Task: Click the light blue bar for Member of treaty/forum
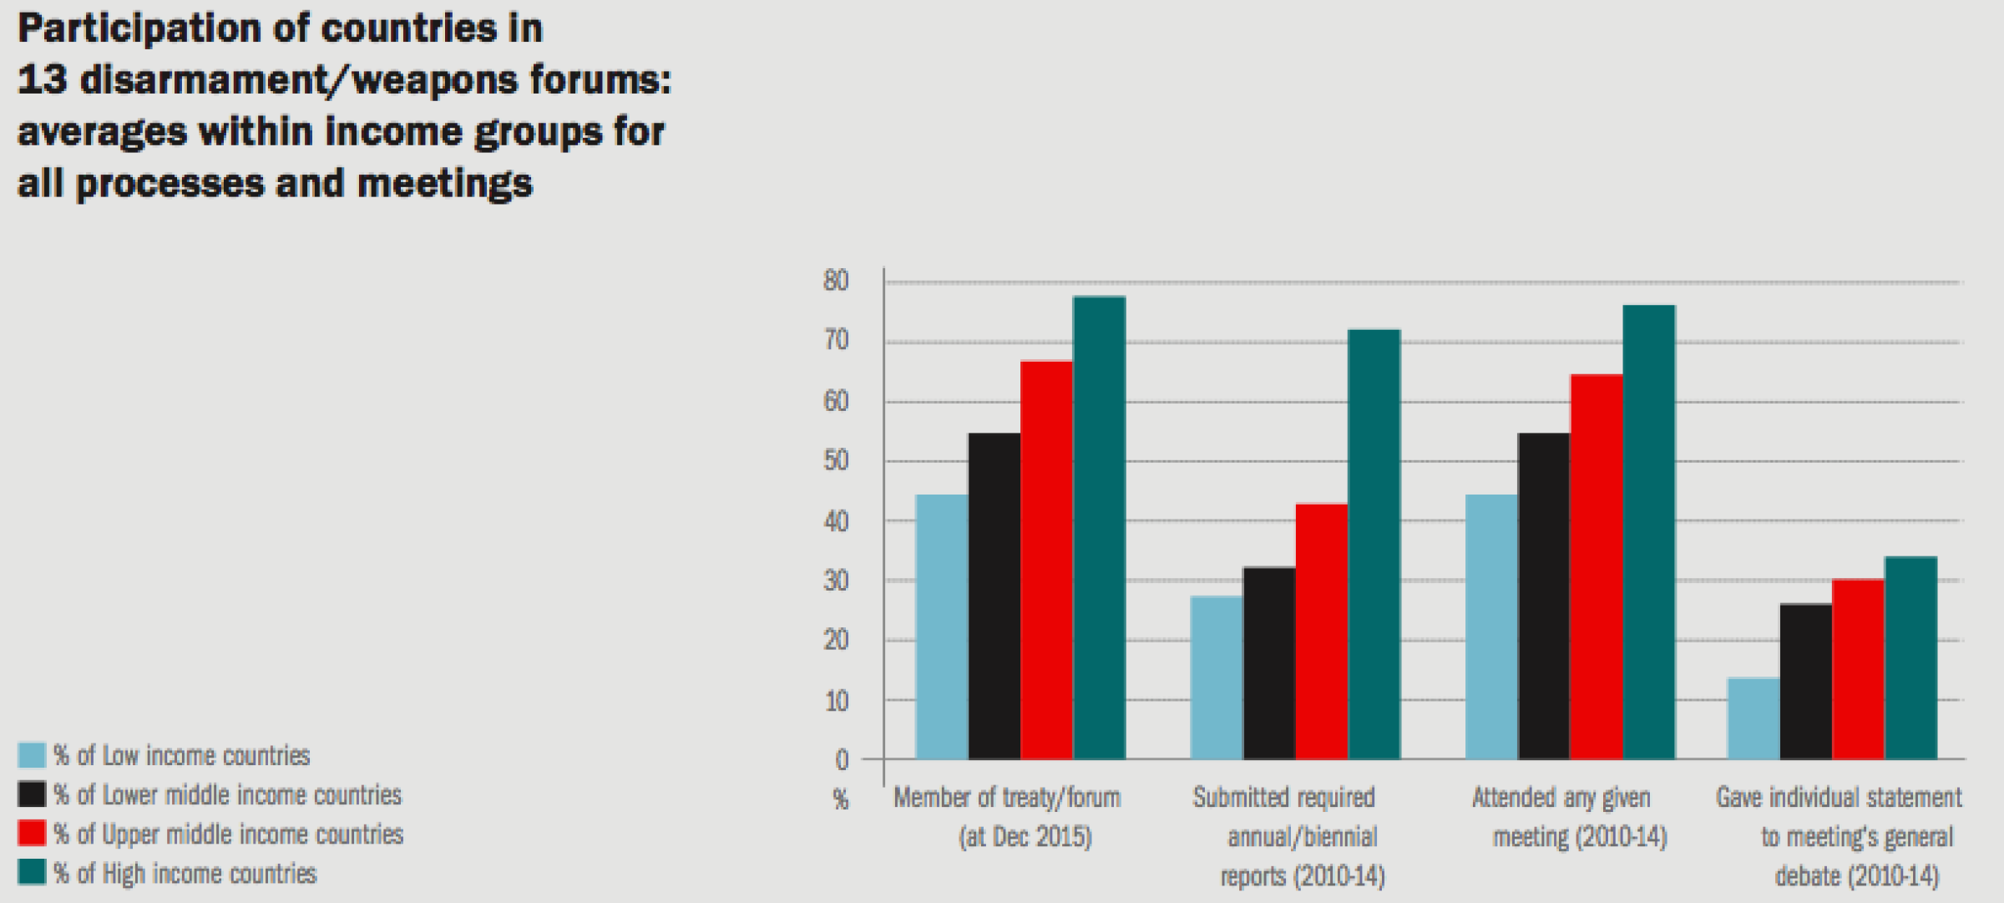(x=942, y=627)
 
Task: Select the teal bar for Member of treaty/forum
(x=1099, y=528)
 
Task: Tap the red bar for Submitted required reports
(x=1322, y=632)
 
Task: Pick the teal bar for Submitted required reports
(x=1374, y=545)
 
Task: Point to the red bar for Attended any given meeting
(x=1597, y=567)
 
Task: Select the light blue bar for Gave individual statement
(x=1754, y=718)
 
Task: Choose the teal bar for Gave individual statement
(x=1911, y=658)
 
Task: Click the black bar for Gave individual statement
(x=1807, y=682)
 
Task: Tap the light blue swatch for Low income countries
(x=32, y=755)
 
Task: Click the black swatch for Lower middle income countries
(x=32, y=794)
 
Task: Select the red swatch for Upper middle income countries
(x=32, y=834)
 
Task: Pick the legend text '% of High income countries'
(x=185, y=874)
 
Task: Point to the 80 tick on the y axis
(x=836, y=281)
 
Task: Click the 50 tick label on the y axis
(x=836, y=461)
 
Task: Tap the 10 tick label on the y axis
(x=836, y=701)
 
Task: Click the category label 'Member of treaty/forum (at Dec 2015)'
(x=1007, y=817)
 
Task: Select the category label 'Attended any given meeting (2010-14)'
(x=1568, y=817)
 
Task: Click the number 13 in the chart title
(x=42, y=80)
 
